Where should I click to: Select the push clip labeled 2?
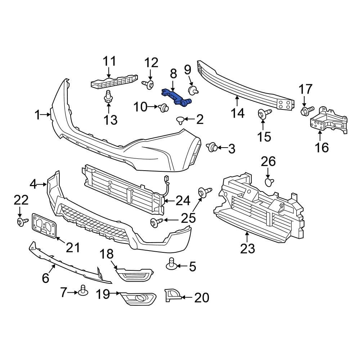tap(180, 120)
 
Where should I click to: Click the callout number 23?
tap(248, 248)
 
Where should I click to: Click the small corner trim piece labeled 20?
tap(171, 295)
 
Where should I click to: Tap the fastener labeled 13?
tap(108, 97)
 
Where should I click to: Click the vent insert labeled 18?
tap(135, 275)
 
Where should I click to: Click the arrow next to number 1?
tap(48, 115)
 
